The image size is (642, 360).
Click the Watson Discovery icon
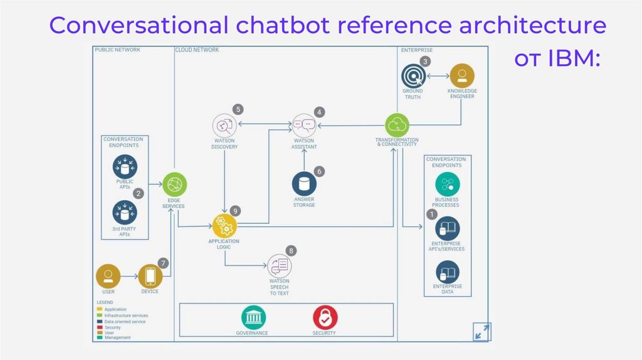tap(224, 124)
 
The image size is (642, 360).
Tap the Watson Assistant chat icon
tap(304, 124)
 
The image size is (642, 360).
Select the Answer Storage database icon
tap(304, 183)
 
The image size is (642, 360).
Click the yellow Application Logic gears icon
tap(224, 226)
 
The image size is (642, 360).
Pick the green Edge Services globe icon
tap(175, 184)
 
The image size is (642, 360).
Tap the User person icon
tap(108, 276)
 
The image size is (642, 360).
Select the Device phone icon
tap(150, 276)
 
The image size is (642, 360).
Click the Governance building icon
tap(253, 317)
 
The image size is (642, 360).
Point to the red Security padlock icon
tap(325, 317)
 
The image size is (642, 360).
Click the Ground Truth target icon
tap(413, 77)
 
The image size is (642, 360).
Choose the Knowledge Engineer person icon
tap(462, 76)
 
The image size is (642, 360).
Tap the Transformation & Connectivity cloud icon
tap(397, 124)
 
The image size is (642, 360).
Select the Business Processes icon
tap(447, 184)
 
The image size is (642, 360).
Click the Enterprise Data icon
tap(447, 272)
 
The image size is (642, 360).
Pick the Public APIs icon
tap(125, 167)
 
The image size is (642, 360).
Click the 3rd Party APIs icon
tap(125, 212)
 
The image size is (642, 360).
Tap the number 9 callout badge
tap(235, 211)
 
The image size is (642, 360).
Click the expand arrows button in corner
tap(482, 331)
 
